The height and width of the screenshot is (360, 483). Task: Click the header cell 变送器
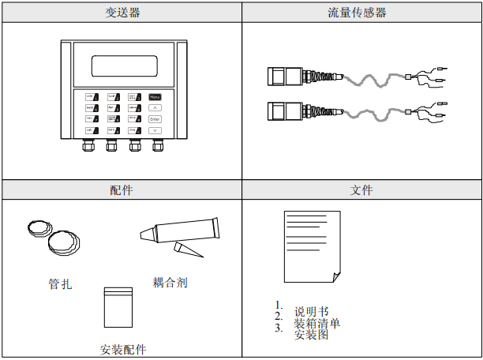coord(121,13)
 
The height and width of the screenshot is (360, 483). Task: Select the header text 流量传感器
coord(361,13)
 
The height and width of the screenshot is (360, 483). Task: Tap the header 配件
coord(121,190)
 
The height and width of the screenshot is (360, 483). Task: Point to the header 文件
coord(361,190)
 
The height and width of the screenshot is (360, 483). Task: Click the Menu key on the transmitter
coord(155,97)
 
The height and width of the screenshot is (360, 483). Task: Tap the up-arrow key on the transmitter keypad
coord(155,108)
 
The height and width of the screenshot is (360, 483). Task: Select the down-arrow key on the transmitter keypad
coord(155,130)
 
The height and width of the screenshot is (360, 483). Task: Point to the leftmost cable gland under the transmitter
coord(86,145)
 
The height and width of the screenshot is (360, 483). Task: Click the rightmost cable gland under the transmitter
coord(157,145)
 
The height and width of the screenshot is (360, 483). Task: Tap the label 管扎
coord(59,283)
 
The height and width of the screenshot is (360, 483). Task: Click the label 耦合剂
coord(170,282)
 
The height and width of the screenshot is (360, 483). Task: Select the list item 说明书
coord(311,311)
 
